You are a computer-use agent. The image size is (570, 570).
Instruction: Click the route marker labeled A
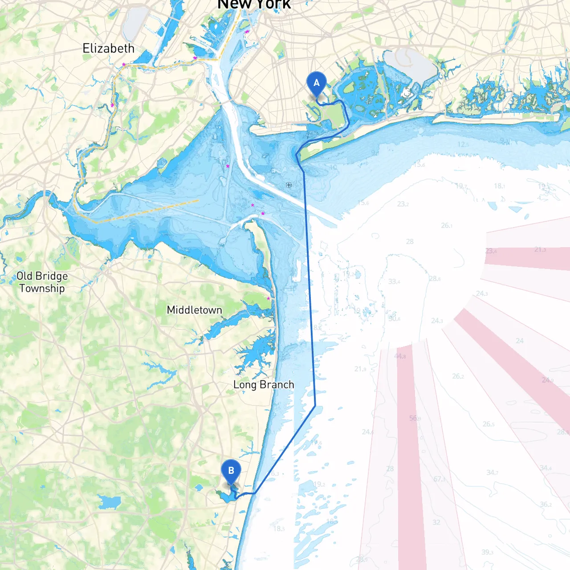coord(317,83)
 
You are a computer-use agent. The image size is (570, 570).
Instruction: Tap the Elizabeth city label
coord(108,48)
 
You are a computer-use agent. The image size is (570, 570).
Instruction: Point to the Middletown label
coord(194,310)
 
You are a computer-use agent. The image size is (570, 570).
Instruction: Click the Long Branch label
coord(264,384)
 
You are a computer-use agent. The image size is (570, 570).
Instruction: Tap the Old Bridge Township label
coord(42,282)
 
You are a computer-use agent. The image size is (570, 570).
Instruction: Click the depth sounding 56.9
coord(415,418)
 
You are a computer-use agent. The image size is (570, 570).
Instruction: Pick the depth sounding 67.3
coord(439,479)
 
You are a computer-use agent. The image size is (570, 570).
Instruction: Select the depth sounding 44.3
coord(400,356)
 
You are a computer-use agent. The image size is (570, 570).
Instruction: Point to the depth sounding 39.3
coord(487,552)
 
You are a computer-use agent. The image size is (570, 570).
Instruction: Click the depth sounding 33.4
coord(394,281)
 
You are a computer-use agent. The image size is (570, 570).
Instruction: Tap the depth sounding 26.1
coord(447,226)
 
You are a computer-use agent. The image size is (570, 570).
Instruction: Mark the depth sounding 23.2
coord(403,204)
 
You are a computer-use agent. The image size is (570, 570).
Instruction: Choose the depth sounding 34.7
coord(492,472)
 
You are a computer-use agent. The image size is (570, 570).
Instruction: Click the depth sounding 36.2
coord(546,505)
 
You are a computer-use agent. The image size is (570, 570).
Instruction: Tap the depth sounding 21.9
coord(360,369)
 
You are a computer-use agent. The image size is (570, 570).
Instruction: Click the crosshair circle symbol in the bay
coord(289,185)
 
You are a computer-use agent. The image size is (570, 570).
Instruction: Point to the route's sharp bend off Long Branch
coord(315,405)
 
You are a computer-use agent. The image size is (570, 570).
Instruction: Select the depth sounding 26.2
coord(458,376)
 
